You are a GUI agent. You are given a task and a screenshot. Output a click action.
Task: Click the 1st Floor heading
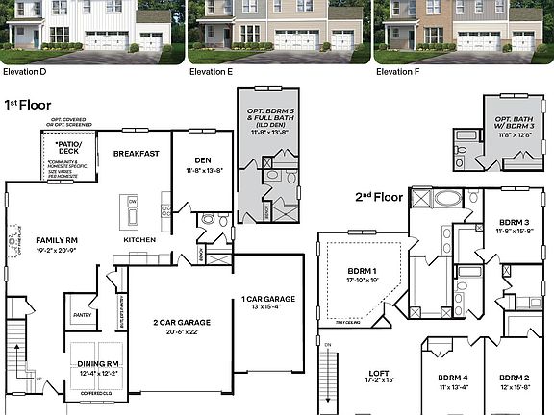[x=27, y=104]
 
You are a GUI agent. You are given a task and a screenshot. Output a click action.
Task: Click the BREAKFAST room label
[x=137, y=154]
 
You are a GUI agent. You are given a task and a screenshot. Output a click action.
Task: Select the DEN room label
[x=201, y=161]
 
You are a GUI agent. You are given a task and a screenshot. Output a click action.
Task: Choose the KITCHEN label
[x=139, y=239]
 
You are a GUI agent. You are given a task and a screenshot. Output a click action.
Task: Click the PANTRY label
[x=81, y=313]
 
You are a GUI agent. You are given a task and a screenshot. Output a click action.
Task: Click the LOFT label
[x=379, y=374]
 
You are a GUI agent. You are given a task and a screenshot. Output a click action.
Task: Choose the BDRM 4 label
[x=452, y=378]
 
